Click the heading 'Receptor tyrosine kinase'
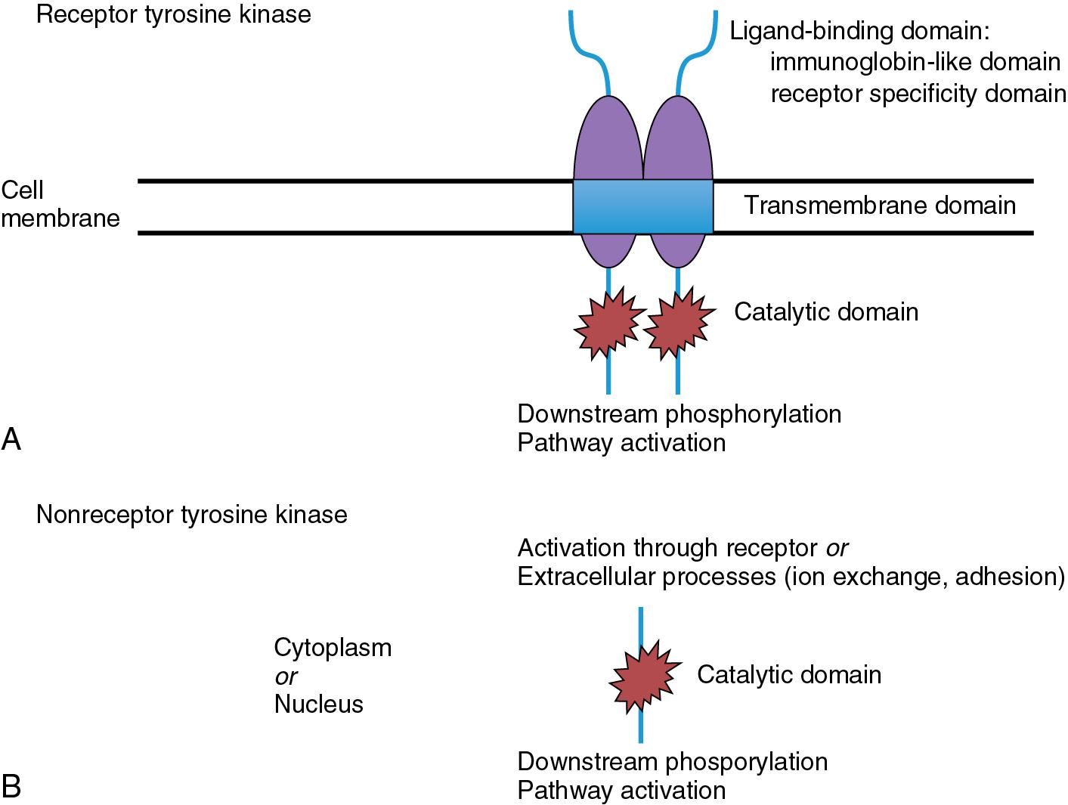[173, 14]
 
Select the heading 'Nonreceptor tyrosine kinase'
[191, 515]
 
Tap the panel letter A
[11, 439]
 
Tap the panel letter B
[11, 787]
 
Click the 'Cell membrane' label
[60, 204]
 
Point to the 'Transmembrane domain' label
[880, 205]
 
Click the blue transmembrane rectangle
[642, 206]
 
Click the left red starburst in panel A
[609, 321]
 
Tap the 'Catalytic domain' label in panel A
[826, 311]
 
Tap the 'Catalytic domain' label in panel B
[789, 674]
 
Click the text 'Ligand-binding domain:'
[859, 32]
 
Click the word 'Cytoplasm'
[333, 648]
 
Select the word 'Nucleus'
[318, 704]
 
